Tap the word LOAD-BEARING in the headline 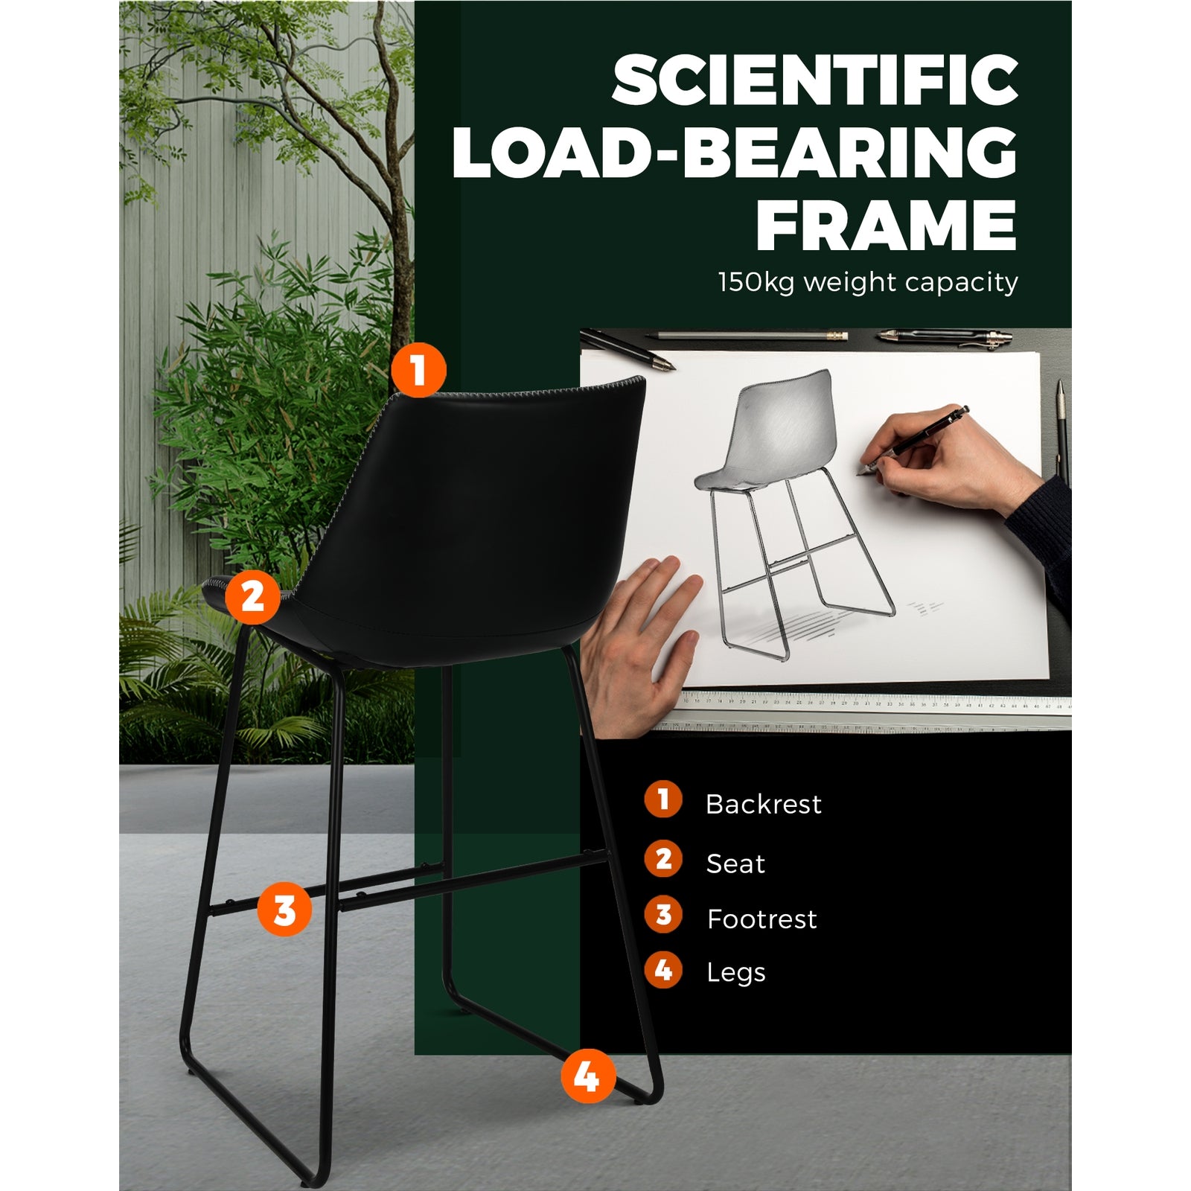pos(735,153)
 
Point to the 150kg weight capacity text pos(868,283)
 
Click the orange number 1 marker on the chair pos(418,370)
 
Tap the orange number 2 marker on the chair pos(252,596)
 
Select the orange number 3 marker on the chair pos(284,910)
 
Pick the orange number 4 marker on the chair pos(588,1076)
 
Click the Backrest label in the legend pos(763,804)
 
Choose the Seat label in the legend pos(735,863)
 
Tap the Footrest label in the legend pos(761,919)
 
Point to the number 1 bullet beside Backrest pos(663,799)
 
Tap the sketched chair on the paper pos(793,514)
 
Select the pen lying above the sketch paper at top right pos(945,337)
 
